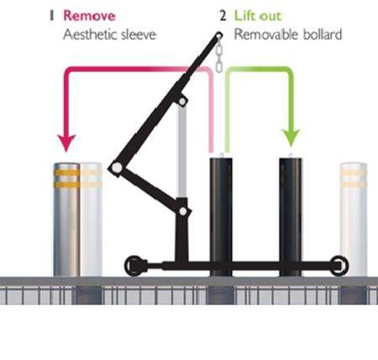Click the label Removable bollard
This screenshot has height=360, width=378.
[277, 35]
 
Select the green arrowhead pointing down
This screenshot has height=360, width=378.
[291, 137]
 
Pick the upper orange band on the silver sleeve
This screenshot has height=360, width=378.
[66, 172]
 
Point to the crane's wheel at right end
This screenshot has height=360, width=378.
[339, 265]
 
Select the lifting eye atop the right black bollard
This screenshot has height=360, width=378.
[291, 155]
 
